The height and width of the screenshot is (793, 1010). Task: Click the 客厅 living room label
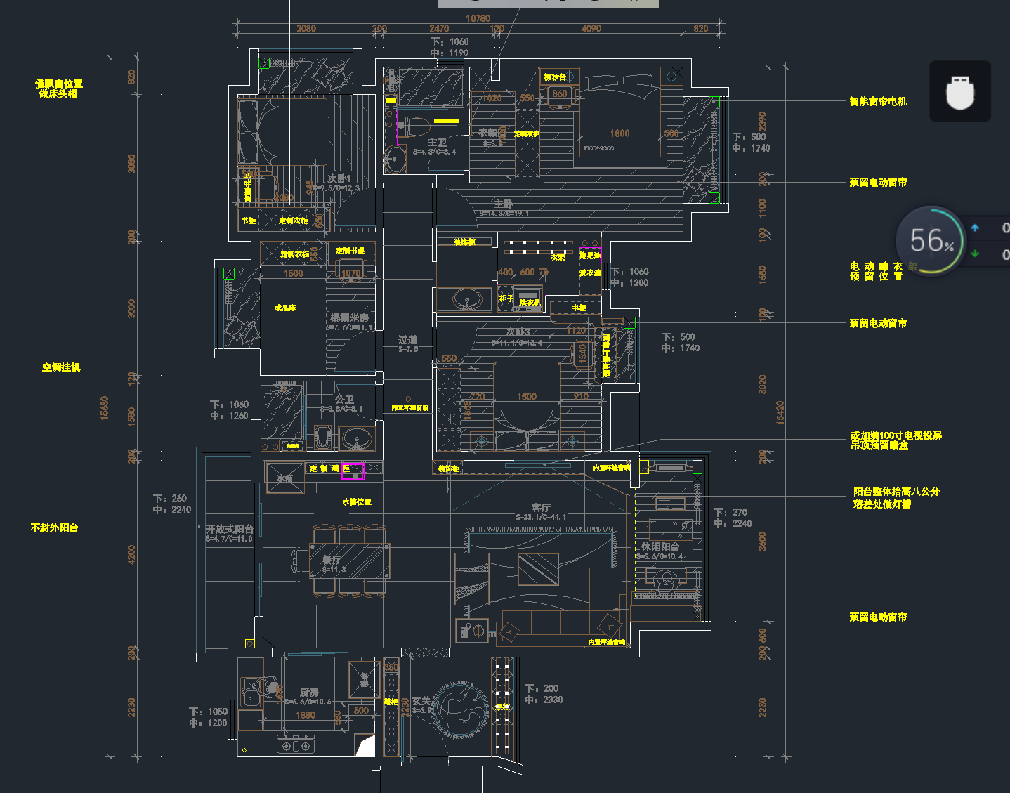[541, 507]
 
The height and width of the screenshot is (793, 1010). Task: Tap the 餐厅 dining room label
[332, 560]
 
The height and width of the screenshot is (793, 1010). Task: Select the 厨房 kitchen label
[309, 693]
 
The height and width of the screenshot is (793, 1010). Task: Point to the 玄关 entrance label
[421, 701]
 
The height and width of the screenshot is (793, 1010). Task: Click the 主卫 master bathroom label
[437, 143]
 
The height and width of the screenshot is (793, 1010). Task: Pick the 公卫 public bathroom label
[344, 399]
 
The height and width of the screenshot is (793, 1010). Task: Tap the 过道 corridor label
[407, 340]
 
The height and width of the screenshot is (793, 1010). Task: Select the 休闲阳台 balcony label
[660, 546]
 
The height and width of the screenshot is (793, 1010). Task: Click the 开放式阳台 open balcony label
[229, 529]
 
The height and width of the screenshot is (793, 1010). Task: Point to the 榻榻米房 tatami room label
[349, 318]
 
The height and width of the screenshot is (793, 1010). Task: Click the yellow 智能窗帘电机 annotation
[878, 101]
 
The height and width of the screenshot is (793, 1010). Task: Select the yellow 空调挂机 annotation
[61, 367]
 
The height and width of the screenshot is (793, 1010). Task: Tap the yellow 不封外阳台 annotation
[55, 527]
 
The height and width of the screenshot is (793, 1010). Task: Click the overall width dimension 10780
[478, 18]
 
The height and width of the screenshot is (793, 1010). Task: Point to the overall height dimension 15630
[105, 407]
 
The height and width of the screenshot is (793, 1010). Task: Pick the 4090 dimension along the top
[591, 29]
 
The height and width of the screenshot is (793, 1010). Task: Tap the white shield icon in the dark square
[960, 92]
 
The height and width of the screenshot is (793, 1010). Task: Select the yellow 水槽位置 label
[356, 502]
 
